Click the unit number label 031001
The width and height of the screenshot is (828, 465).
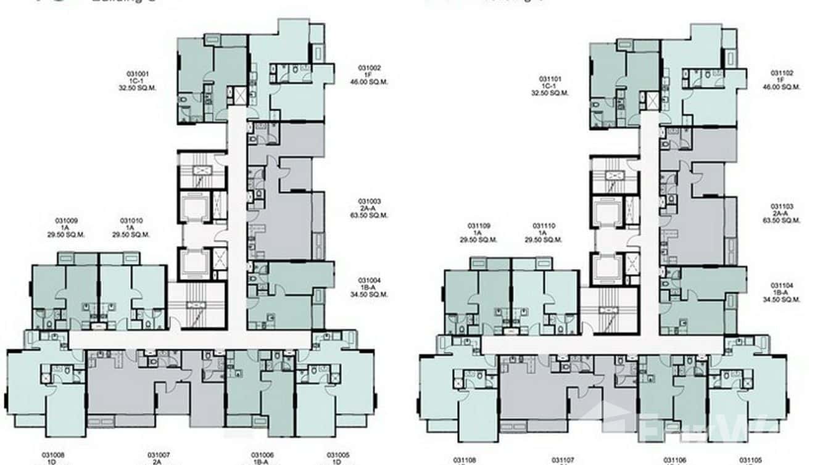point(138,73)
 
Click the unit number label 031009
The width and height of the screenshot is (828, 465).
point(67,221)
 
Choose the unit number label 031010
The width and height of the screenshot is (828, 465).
point(131,221)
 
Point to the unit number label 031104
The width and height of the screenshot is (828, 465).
point(781,286)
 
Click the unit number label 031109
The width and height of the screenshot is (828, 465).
point(479,226)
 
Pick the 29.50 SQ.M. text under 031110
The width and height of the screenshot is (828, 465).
point(544,240)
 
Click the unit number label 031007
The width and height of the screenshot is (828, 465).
point(159,455)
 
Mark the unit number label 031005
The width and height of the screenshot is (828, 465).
point(338,455)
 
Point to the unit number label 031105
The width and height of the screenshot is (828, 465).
point(750,460)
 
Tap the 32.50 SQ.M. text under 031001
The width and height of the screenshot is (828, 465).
point(138,88)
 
